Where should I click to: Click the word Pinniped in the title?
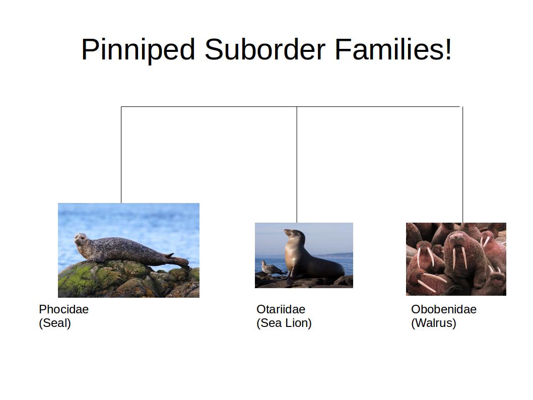pos(138,50)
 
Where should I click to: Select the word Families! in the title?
pos(393,50)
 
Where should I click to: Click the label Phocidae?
pos(63,309)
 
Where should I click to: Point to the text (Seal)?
pos(55,323)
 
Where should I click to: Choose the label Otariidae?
pos(281,309)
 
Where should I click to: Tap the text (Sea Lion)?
pos(284,323)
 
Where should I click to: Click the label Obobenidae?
pos(443,309)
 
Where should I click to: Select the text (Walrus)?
pos(433,323)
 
